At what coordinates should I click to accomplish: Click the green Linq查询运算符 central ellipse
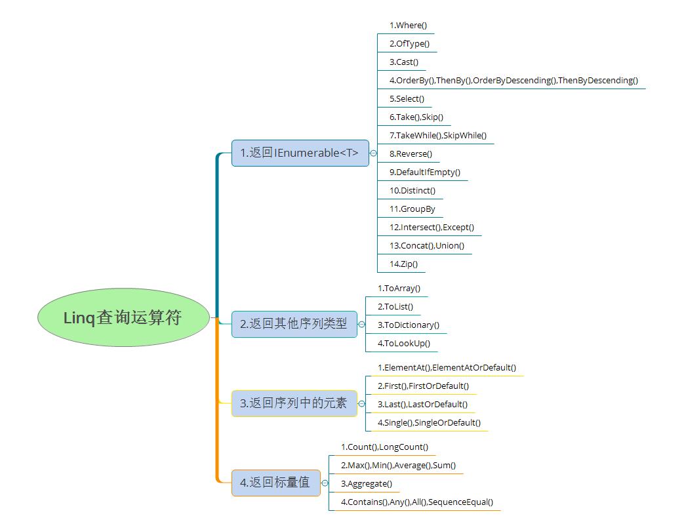(123, 317)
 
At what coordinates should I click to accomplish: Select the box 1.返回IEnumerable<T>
(300, 153)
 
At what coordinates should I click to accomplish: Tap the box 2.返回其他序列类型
(294, 324)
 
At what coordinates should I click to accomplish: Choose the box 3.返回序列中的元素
(294, 403)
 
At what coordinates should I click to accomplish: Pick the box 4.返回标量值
(275, 483)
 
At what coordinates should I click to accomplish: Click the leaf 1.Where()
(409, 26)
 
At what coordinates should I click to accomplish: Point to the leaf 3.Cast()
(404, 62)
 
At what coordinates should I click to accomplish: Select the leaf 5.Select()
(407, 98)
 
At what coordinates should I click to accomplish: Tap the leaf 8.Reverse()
(411, 153)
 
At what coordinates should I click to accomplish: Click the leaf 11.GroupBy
(412, 209)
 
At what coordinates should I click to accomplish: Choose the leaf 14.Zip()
(403, 264)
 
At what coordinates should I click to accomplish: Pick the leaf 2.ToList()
(395, 306)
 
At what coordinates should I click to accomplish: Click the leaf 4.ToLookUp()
(404, 343)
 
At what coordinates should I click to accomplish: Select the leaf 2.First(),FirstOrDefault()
(423, 386)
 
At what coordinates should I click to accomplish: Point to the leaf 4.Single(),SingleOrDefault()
(430, 422)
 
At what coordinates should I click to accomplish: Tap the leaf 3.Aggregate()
(367, 483)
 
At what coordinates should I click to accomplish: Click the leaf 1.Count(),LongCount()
(384, 447)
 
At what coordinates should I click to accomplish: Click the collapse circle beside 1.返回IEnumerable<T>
(373, 153)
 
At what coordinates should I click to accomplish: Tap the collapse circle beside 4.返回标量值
(325, 483)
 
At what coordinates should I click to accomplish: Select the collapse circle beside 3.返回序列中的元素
(361, 404)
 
